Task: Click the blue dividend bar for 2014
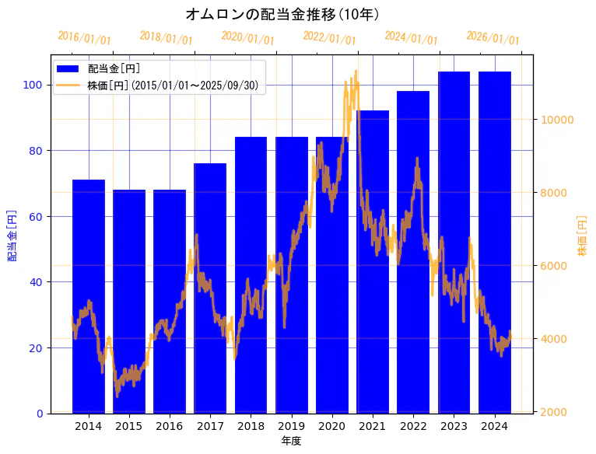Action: click(x=89, y=295)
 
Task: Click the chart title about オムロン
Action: click(x=282, y=14)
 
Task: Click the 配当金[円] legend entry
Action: click(x=114, y=69)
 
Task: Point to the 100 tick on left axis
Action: click(x=36, y=85)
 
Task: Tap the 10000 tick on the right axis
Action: click(x=558, y=120)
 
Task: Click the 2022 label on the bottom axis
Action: click(x=413, y=426)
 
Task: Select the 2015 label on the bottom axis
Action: click(x=129, y=426)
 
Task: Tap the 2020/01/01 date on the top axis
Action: click(x=247, y=37)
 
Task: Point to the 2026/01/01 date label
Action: click(x=493, y=37)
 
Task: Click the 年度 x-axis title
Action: click(x=291, y=441)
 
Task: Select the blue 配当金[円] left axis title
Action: click(x=12, y=236)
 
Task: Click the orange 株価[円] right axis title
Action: click(x=582, y=236)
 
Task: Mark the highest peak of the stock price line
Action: click(x=356, y=72)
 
